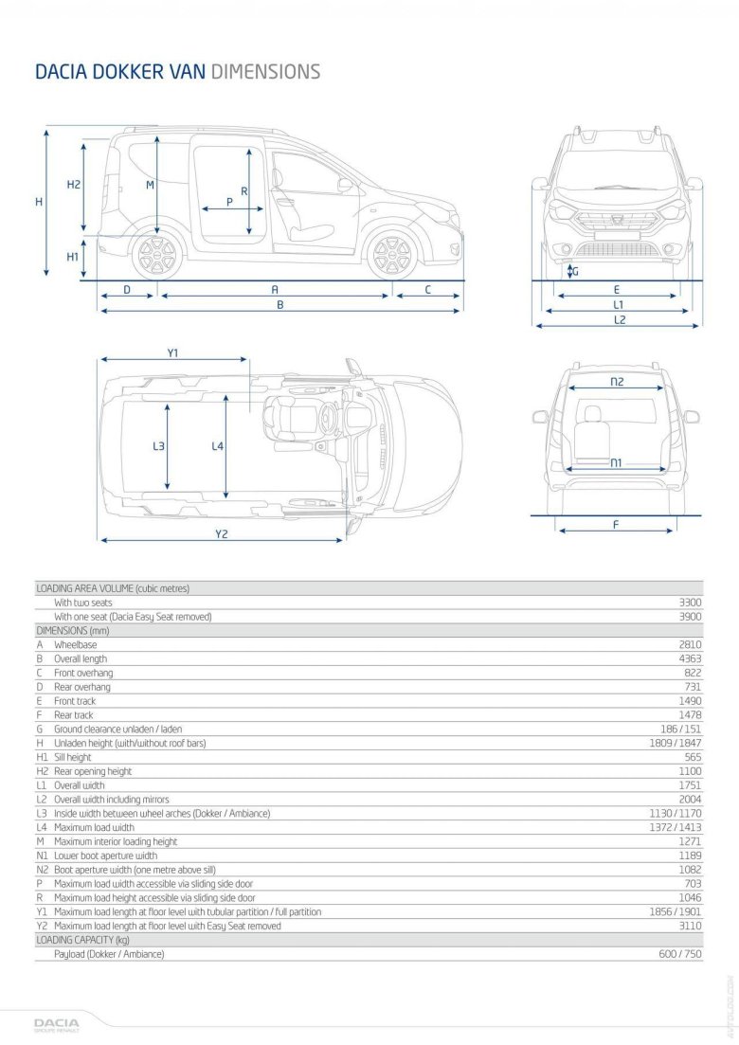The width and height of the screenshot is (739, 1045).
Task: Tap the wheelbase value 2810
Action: coord(689,644)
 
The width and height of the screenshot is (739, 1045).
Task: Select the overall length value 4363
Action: coord(689,658)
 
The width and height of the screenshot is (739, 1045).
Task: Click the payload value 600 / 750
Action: coord(680,954)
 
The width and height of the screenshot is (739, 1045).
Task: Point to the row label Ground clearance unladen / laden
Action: coord(117,729)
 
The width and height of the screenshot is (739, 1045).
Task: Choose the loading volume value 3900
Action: coord(690,616)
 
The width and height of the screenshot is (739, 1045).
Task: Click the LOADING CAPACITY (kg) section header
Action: coord(82,940)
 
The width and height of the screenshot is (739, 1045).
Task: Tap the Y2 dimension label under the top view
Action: coord(221,534)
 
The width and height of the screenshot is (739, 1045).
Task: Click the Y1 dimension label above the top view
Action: coord(172,353)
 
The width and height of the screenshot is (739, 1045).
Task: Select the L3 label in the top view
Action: coord(158,446)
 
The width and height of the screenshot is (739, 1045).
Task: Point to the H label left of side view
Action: coord(39,202)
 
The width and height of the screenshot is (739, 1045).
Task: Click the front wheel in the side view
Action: coord(390,254)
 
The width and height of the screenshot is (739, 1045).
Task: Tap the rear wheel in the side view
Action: coord(154,254)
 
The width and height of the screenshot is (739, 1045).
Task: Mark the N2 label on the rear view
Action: coord(617,382)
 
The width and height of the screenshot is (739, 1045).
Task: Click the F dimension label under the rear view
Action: coord(616,524)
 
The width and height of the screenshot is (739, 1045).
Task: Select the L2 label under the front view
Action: coord(619,320)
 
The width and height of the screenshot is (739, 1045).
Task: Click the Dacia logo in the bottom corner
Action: coord(57,1024)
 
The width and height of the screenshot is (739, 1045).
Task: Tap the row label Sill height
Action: coord(73,757)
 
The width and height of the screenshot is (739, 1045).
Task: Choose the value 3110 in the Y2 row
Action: coord(689,926)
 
